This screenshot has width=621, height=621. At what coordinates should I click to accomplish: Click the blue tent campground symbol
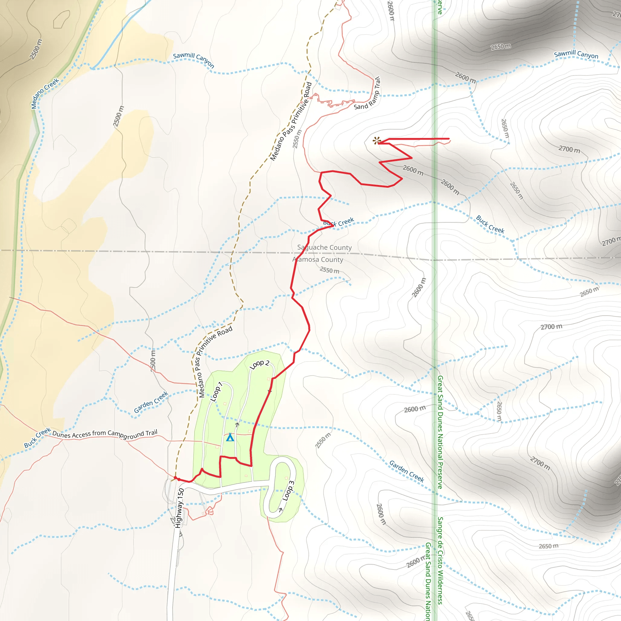230,438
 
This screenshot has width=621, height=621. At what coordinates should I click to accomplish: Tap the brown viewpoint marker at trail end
376,140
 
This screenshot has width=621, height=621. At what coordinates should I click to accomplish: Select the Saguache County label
324,247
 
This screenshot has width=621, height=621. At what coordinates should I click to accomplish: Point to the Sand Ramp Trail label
368,93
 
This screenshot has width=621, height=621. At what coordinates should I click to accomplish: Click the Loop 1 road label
216,392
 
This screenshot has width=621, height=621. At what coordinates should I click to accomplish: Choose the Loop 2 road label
259,364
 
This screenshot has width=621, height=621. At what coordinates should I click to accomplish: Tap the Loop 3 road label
288,491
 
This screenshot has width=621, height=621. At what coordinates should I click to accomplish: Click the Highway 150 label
180,508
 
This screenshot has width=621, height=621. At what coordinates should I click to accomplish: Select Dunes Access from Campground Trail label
105,435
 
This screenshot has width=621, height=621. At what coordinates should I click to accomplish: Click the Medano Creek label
45,93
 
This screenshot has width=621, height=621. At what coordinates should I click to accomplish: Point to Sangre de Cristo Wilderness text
440,561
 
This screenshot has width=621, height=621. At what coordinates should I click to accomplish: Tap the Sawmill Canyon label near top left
193,60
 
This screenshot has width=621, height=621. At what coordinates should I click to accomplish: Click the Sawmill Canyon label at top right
576,54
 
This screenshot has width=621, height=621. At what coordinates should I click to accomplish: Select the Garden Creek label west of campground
151,402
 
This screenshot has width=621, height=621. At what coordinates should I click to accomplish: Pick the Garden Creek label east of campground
407,471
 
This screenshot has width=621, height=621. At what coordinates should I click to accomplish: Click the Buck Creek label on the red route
339,222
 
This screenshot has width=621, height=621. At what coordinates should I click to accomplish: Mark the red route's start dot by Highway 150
175,478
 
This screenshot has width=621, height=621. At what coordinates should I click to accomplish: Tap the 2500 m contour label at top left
36,49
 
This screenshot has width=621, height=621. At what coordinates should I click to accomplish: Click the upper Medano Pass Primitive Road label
291,122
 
